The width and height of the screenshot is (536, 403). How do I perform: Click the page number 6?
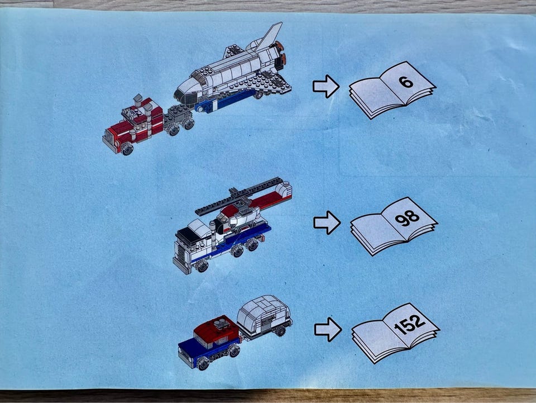click(406, 82)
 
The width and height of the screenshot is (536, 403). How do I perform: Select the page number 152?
click(410, 324)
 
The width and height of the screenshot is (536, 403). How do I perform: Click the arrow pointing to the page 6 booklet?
click(326, 86)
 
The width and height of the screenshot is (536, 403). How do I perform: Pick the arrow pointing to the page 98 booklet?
click(327, 222)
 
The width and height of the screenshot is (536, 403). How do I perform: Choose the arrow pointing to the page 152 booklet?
click(328, 329)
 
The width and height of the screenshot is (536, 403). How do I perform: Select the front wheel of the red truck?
click(127, 149)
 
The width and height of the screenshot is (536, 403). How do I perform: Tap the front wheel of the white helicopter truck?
click(202, 266)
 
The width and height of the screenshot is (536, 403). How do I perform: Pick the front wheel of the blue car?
click(203, 363)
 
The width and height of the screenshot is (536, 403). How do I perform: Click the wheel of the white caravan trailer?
click(280, 331)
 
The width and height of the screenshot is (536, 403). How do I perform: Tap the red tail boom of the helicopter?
click(270, 199)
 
